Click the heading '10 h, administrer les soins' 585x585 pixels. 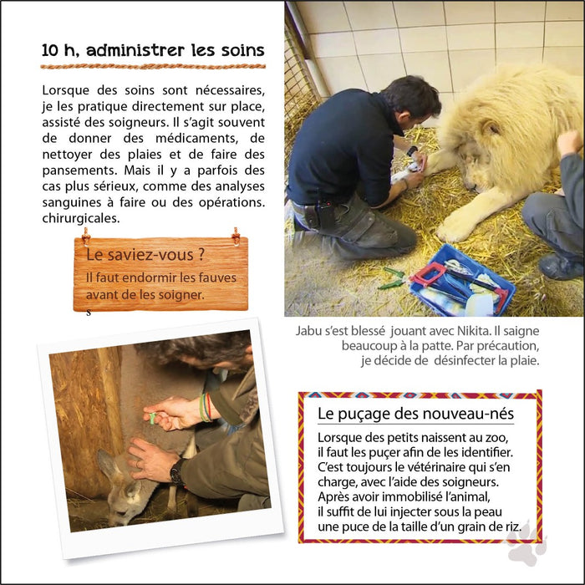pos(153,50)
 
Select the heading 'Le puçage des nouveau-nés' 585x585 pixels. pos(415,414)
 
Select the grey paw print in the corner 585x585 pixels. pos(526,543)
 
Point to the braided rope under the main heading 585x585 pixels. pos(153,66)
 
